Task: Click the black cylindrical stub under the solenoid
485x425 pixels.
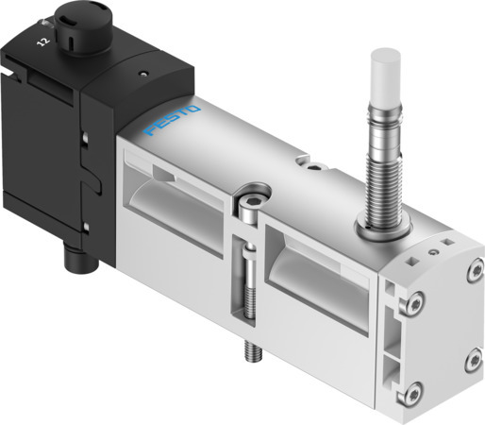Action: (x=73, y=255)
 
